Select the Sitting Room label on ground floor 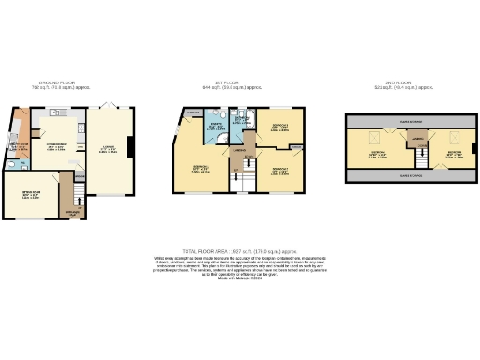[36, 195]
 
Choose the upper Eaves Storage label [411, 122]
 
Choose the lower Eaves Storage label [411, 175]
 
